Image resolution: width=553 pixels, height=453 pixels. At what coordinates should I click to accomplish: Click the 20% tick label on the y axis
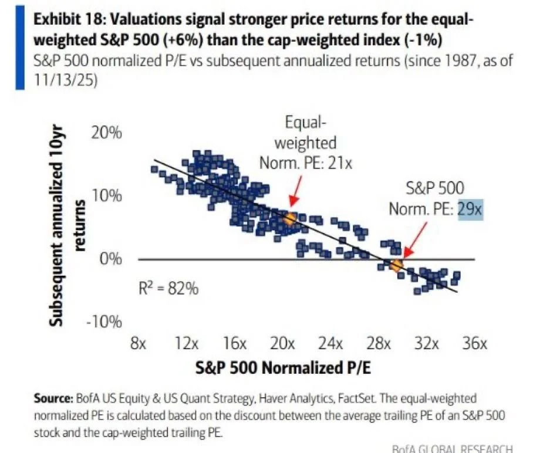click(107, 133)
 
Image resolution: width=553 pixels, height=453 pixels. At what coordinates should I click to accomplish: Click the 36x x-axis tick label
click(474, 343)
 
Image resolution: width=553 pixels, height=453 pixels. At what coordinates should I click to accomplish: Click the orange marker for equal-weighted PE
click(289, 218)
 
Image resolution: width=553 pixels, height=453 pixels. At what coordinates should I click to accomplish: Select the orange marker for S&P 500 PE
click(396, 266)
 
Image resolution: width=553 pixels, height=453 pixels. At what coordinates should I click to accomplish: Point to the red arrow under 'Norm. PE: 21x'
click(295, 196)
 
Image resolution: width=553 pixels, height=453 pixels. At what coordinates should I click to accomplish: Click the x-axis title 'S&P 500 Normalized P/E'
click(276, 369)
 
